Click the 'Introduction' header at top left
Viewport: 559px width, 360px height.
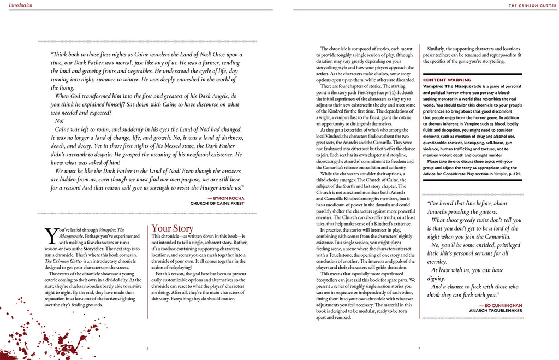click(17, 5)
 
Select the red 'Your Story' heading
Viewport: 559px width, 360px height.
click(172, 228)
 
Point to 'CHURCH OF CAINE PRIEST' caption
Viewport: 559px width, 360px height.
click(217, 203)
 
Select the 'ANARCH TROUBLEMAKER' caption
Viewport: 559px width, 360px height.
click(496, 311)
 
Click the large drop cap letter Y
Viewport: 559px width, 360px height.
click(51, 235)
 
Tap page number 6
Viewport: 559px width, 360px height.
click(147, 348)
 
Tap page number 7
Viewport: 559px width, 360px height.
click(419, 348)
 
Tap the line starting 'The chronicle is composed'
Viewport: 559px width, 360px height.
click(366, 49)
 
